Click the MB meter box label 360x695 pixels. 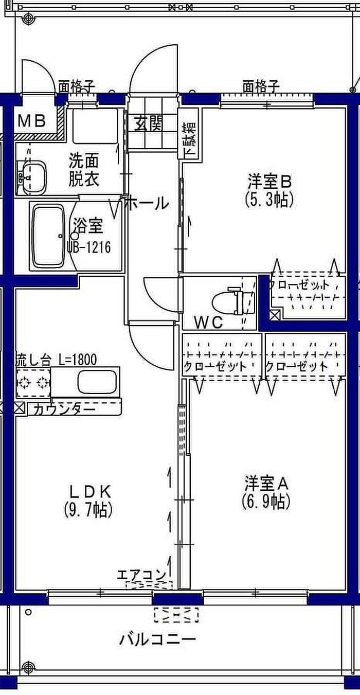(32, 121)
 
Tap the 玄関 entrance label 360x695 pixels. (149, 123)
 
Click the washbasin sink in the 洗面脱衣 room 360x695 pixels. (31, 176)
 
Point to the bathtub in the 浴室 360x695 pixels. (47, 235)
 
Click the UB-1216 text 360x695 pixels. (88, 247)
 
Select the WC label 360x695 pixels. (208, 323)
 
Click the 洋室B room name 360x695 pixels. (269, 182)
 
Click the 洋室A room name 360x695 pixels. (266, 483)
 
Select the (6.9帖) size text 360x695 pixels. (266, 501)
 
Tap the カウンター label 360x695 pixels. (64, 409)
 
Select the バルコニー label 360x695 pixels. (158, 640)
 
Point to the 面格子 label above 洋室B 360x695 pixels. (261, 86)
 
